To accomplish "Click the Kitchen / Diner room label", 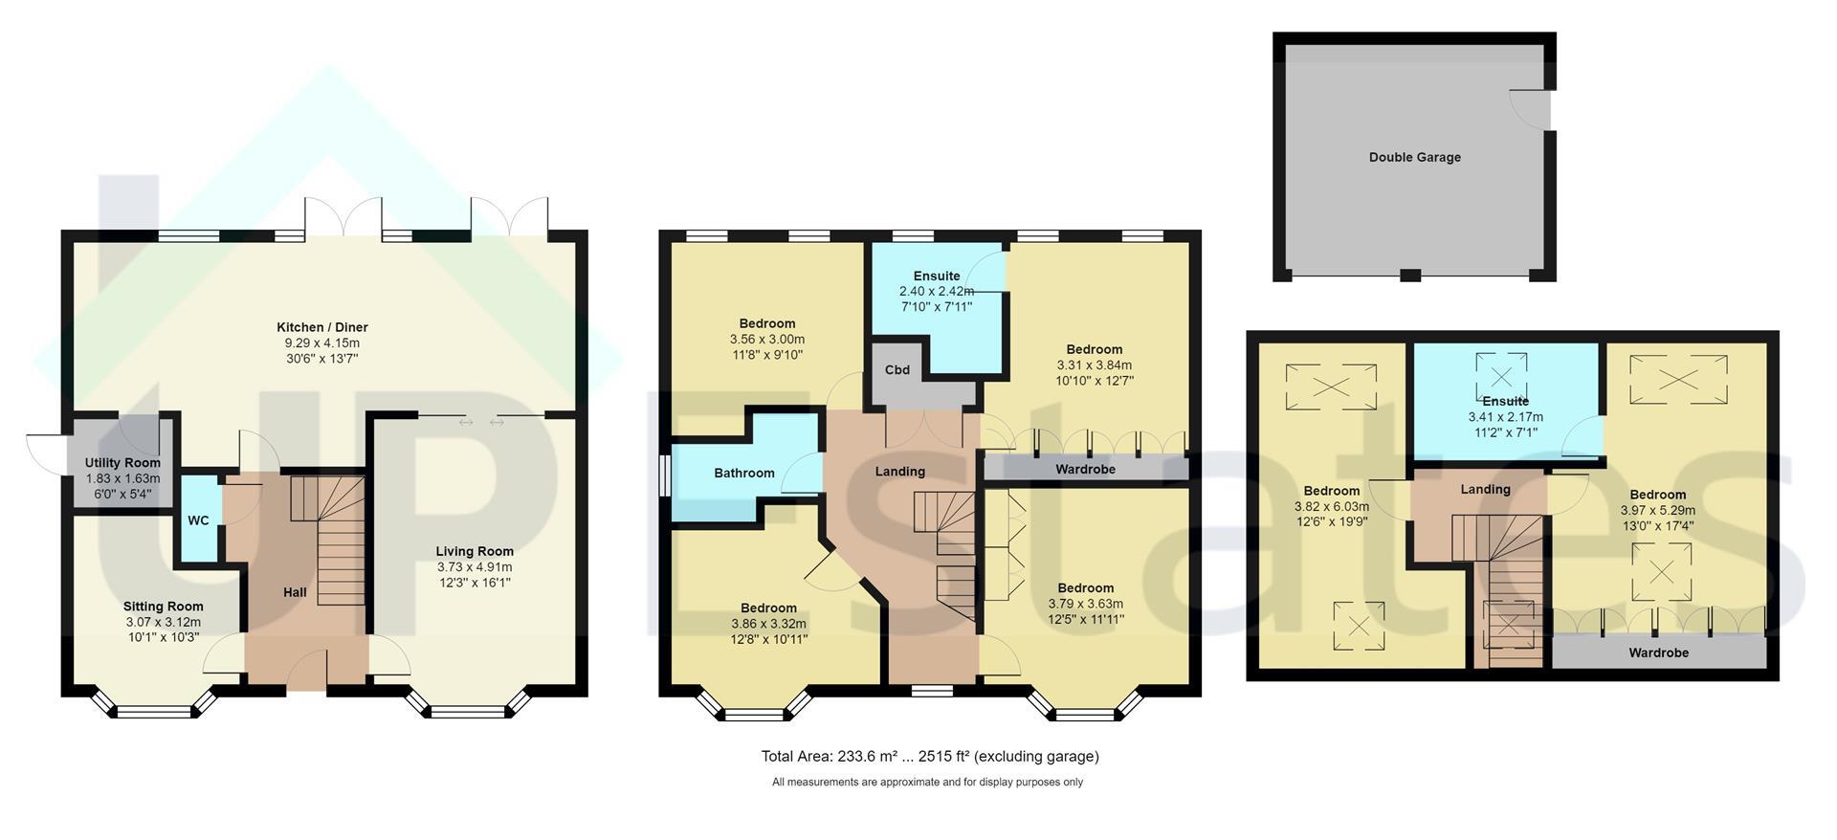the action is point(322,327).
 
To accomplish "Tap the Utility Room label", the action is point(122,463).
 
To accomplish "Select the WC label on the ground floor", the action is point(198,520).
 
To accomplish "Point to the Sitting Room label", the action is point(163,607).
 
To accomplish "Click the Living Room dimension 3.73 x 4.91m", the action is point(475,567).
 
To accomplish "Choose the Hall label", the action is point(295,592).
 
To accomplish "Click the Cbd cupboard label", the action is point(897,370).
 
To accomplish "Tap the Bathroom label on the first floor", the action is point(744,473).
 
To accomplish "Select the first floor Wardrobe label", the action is point(1086,469).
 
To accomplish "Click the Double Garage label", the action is point(1415,157).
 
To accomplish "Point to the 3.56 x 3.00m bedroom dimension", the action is point(767,340).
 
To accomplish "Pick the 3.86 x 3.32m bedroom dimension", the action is point(768,624).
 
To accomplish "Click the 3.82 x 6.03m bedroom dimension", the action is point(1332,507).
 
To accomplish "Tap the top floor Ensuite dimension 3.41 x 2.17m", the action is point(1506,417).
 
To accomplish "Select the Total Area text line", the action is point(930,757).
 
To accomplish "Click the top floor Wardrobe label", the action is point(1659,652).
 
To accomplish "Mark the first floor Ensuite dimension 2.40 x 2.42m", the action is point(937,292).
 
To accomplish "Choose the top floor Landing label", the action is point(1486,489).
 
